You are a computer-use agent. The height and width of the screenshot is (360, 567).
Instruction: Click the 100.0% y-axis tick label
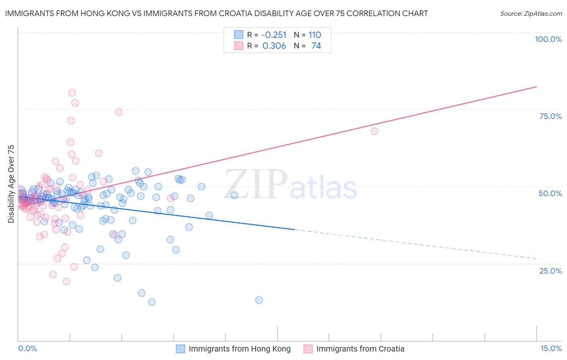point(548,39)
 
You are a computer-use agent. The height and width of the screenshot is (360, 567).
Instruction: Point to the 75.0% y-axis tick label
point(550,116)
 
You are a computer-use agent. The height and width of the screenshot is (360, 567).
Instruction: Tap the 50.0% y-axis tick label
point(550,193)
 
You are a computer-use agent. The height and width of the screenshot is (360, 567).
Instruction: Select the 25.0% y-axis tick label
point(550,270)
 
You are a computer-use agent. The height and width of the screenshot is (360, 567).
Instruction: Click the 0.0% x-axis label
point(27,348)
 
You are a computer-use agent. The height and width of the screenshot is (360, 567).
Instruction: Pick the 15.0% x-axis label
point(551,348)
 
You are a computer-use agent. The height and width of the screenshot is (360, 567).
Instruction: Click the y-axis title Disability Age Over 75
point(11,184)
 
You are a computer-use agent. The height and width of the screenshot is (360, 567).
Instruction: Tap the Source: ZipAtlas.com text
point(531,13)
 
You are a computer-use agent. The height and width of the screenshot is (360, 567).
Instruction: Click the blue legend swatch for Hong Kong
point(181,349)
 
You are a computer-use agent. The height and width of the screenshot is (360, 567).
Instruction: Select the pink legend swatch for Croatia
point(308,349)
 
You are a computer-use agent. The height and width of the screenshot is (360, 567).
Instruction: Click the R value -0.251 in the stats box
point(274,35)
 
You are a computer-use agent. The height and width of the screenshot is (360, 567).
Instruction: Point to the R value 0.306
point(274,46)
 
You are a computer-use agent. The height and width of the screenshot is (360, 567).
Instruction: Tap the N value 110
point(315,35)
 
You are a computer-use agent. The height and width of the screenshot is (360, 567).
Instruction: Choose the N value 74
point(316,46)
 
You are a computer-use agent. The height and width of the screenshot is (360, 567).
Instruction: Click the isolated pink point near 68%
point(374,131)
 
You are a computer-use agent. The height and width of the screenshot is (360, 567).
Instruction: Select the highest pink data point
point(72,93)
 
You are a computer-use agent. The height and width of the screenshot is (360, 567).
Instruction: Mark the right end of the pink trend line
point(536,87)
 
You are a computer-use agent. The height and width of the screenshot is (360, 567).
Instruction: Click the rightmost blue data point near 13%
point(259,300)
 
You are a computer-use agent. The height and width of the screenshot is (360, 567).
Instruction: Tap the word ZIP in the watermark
point(256,184)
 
